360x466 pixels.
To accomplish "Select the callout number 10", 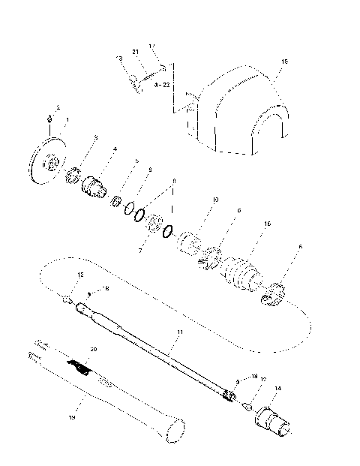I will click(x=215, y=200).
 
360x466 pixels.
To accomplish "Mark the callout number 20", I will click(x=94, y=349).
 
